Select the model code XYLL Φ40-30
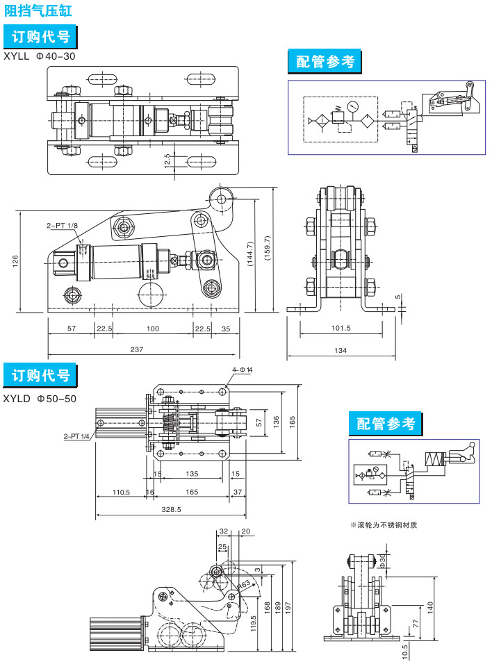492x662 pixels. pos(40,56)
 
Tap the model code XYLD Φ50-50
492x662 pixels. pos(40,399)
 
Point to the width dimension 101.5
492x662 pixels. pos(341,329)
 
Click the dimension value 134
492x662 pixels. pos(341,351)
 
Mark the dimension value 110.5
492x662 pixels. pos(122,492)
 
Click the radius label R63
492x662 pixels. pos(243,584)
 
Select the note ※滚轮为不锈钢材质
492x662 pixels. pos(384,524)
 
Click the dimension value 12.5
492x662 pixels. pos(167,159)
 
